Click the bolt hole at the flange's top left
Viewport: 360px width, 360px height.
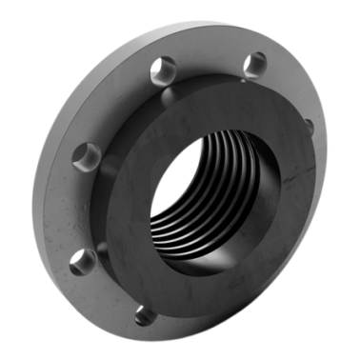164,69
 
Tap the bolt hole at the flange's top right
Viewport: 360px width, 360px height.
254,64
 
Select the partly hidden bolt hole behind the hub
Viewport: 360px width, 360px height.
307,125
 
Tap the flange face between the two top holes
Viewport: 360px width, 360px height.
210,57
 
